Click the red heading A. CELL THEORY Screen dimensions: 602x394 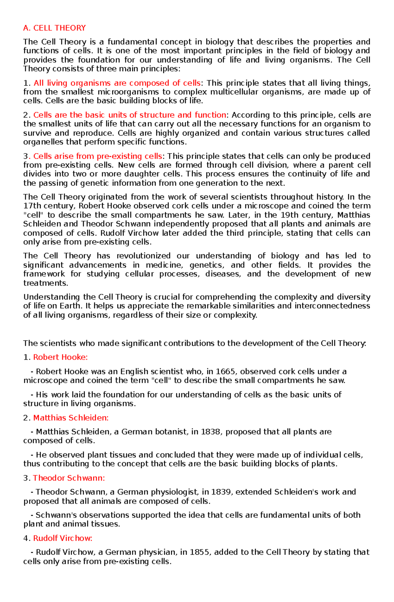[55, 28]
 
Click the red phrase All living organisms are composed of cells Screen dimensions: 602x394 [117, 83]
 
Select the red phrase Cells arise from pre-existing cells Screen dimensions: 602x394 [98, 156]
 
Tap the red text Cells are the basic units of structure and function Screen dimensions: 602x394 [130, 115]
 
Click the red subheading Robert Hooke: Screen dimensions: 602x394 [60, 357]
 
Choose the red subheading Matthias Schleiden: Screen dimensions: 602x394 [71, 418]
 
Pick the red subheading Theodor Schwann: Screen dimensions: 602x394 [69, 478]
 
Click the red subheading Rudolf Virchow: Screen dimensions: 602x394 [63, 538]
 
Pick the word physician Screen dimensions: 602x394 [158, 552]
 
